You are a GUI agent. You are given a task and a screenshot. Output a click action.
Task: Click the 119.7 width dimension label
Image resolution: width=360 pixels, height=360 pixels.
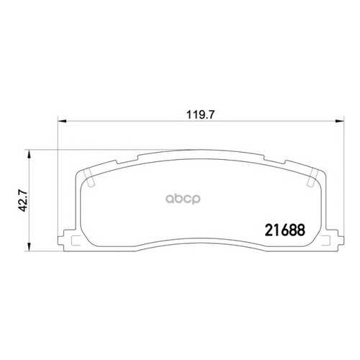[200, 115]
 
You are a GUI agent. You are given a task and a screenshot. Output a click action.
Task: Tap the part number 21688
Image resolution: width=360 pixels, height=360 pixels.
[285, 230]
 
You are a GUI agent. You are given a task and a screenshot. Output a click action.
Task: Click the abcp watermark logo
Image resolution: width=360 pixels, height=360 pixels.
[183, 199]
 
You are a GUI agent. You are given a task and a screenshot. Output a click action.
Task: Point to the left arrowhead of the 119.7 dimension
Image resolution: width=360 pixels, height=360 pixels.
[62, 122]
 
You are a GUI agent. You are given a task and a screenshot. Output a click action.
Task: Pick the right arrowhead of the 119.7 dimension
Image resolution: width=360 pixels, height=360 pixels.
[340, 122]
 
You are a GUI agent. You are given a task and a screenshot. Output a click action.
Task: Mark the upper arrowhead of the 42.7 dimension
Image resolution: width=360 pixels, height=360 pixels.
[29, 154]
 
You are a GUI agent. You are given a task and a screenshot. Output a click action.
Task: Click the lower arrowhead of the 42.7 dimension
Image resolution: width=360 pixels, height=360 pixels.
[29, 247]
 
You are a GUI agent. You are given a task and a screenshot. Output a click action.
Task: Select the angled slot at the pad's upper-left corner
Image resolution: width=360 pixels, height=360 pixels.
[90, 178]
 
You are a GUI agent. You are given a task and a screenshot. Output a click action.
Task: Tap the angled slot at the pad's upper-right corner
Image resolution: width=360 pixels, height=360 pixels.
[312, 178]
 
